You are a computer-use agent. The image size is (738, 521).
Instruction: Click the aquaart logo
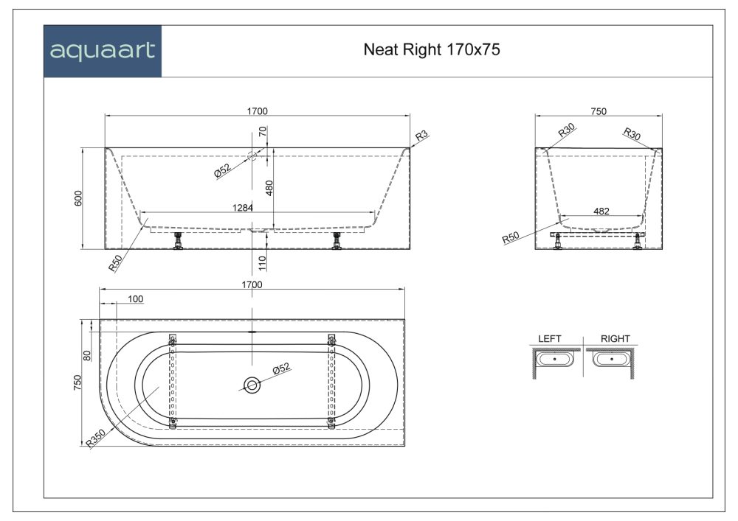click(103, 51)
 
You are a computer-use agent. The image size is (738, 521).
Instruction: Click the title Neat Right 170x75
click(433, 50)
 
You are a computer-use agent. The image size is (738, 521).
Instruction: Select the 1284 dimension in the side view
click(242, 208)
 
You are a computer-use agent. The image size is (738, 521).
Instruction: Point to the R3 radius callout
click(421, 136)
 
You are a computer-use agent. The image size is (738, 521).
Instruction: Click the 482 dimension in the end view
click(601, 211)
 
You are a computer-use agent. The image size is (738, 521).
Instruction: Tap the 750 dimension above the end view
click(599, 111)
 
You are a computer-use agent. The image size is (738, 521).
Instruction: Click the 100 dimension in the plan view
click(135, 299)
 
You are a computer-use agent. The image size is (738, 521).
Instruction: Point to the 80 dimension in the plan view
click(87, 355)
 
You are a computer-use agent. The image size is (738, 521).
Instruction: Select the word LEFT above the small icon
click(549, 339)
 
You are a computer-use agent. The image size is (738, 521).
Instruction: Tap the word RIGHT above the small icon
click(615, 339)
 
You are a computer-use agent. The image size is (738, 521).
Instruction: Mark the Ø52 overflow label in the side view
click(222, 170)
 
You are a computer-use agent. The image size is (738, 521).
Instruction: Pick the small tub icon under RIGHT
click(612, 359)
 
